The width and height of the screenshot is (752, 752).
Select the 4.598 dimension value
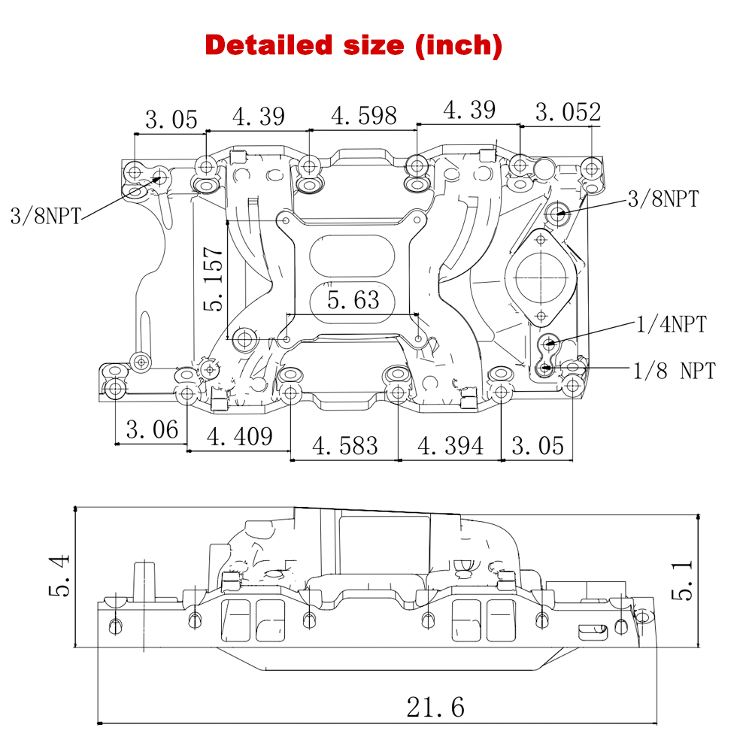[364, 116]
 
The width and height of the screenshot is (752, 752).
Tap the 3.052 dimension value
[568, 113]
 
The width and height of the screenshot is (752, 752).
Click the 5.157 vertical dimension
[214, 278]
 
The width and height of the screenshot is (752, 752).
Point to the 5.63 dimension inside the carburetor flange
[353, 300]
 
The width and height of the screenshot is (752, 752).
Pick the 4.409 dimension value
[240, 436]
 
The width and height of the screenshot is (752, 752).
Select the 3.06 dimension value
[152, 430]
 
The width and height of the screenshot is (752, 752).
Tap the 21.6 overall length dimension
[435, 707]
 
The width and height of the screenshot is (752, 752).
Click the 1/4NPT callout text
[672, 325]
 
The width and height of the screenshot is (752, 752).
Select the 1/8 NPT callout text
[674, 370]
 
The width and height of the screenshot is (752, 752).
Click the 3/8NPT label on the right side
[663, 199]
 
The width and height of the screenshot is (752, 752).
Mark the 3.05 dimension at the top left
[171, 119]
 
